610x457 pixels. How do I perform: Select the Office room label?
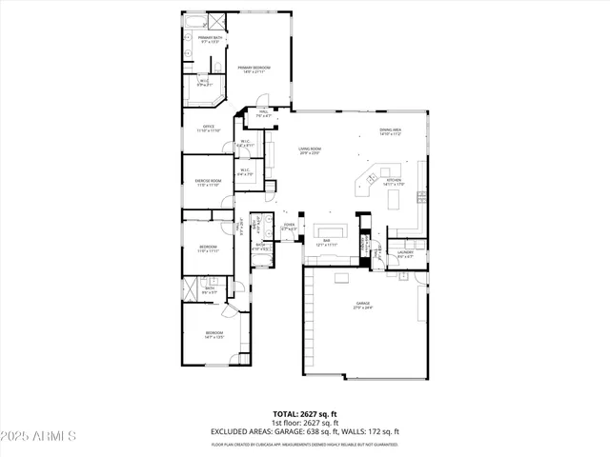click(x=209, y=129)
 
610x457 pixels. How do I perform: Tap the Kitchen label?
click(x=394, y=182)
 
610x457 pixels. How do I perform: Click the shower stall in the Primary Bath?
click(x=216, y=20)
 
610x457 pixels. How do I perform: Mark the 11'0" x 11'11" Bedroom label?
click(x=209, y=249)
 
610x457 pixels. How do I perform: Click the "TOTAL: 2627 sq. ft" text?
click(x=305, y=414)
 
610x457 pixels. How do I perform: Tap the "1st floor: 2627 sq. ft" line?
click(x=305, y=423)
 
